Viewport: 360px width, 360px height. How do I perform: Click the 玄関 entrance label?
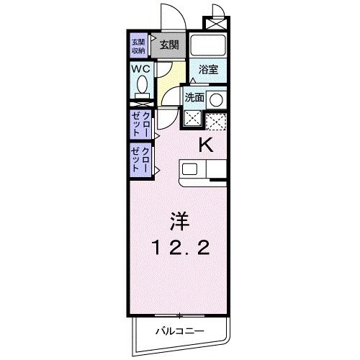click(x=170, y=45)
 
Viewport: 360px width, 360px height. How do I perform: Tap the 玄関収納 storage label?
click(x=138, y=45)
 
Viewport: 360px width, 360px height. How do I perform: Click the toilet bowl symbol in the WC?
click(x=141, y=89)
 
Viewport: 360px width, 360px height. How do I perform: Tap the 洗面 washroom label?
click(x=194, y=97)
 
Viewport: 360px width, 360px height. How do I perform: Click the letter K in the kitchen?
click(x=206, y=144)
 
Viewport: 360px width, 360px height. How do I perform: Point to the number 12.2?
click(x=180, y=248)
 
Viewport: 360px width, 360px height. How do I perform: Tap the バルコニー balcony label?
click(x=179, y=331)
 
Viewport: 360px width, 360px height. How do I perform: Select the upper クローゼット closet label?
click(x=140, y=124)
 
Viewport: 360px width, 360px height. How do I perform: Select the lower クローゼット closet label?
click(x=140, y=158)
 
